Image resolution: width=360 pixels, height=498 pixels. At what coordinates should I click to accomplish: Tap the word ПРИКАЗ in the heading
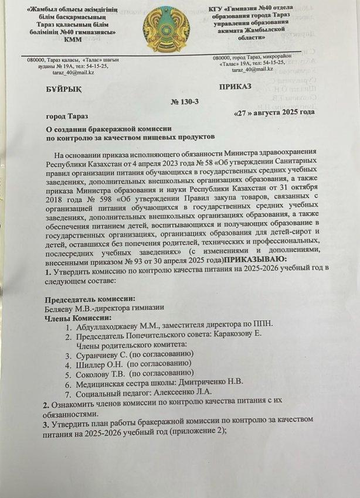click(x=235, y=87)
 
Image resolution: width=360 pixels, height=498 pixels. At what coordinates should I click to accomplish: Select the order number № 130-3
click(x=185, y=102)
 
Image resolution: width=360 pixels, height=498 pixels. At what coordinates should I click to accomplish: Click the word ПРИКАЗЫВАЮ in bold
click(x=253, y=260)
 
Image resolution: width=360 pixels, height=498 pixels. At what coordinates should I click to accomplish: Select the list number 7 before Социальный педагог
click(x=67, y=391)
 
